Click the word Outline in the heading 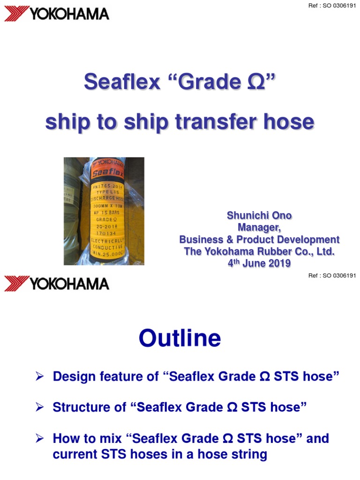pyautogui.click(x=180, y=338)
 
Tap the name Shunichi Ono pyautogui.click(x=259, y=216)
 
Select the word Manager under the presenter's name pyautogui.click(x=259, y=228)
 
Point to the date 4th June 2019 pyautogui.click(x=259, y=263)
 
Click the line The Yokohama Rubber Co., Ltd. pyautogui.click(x=259, y=252)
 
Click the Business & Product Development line pyautogui.click(x=259, y=240)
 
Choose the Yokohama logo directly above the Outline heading pyautogui.click(x=57, y=283)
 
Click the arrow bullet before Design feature pyautogui.click(x=40, y=376)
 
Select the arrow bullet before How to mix pyautogui.click(x=40, y=439)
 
